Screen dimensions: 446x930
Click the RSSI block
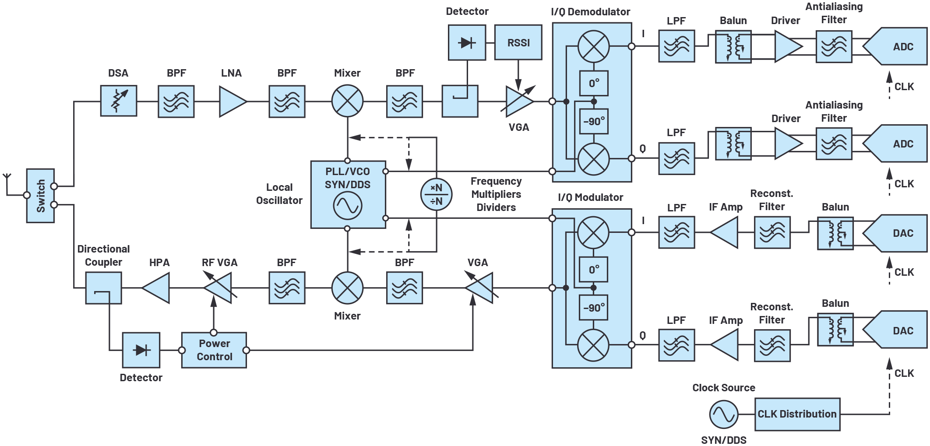click(518, 42)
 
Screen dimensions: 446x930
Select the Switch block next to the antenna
click(40, 196)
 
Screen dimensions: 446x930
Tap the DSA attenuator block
click(118, 101)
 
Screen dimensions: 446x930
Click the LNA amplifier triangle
click(232, 102)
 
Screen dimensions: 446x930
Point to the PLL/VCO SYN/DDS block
click(348, 194)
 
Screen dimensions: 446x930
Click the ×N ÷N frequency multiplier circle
click(436, 194)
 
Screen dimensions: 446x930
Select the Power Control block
click(214, 350)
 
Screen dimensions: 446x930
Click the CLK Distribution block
click(797, 414)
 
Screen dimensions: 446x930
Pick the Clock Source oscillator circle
click(723, 414)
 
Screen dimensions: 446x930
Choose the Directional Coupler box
click(103, 288)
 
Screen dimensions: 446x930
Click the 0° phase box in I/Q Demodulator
click(594, 83)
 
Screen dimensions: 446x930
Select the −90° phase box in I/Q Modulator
click(594, 308)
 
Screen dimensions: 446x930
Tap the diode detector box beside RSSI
click(467, 42)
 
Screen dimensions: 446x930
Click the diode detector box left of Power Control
click(141, 350)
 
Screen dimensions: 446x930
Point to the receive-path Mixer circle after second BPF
click(347, 101)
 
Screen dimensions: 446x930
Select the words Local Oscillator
click(279, 194)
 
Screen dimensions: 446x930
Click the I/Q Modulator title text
click(590, 197)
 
